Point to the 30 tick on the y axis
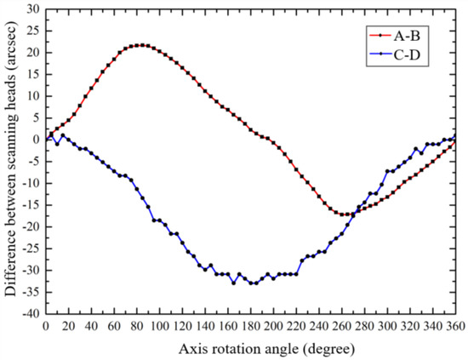(31, 9)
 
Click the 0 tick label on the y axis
(35, 140)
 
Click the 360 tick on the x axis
(455, 327)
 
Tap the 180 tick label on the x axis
(250, 327)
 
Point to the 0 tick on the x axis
(45, 327)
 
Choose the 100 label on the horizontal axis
(159, 327)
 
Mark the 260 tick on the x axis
(341, 327)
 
